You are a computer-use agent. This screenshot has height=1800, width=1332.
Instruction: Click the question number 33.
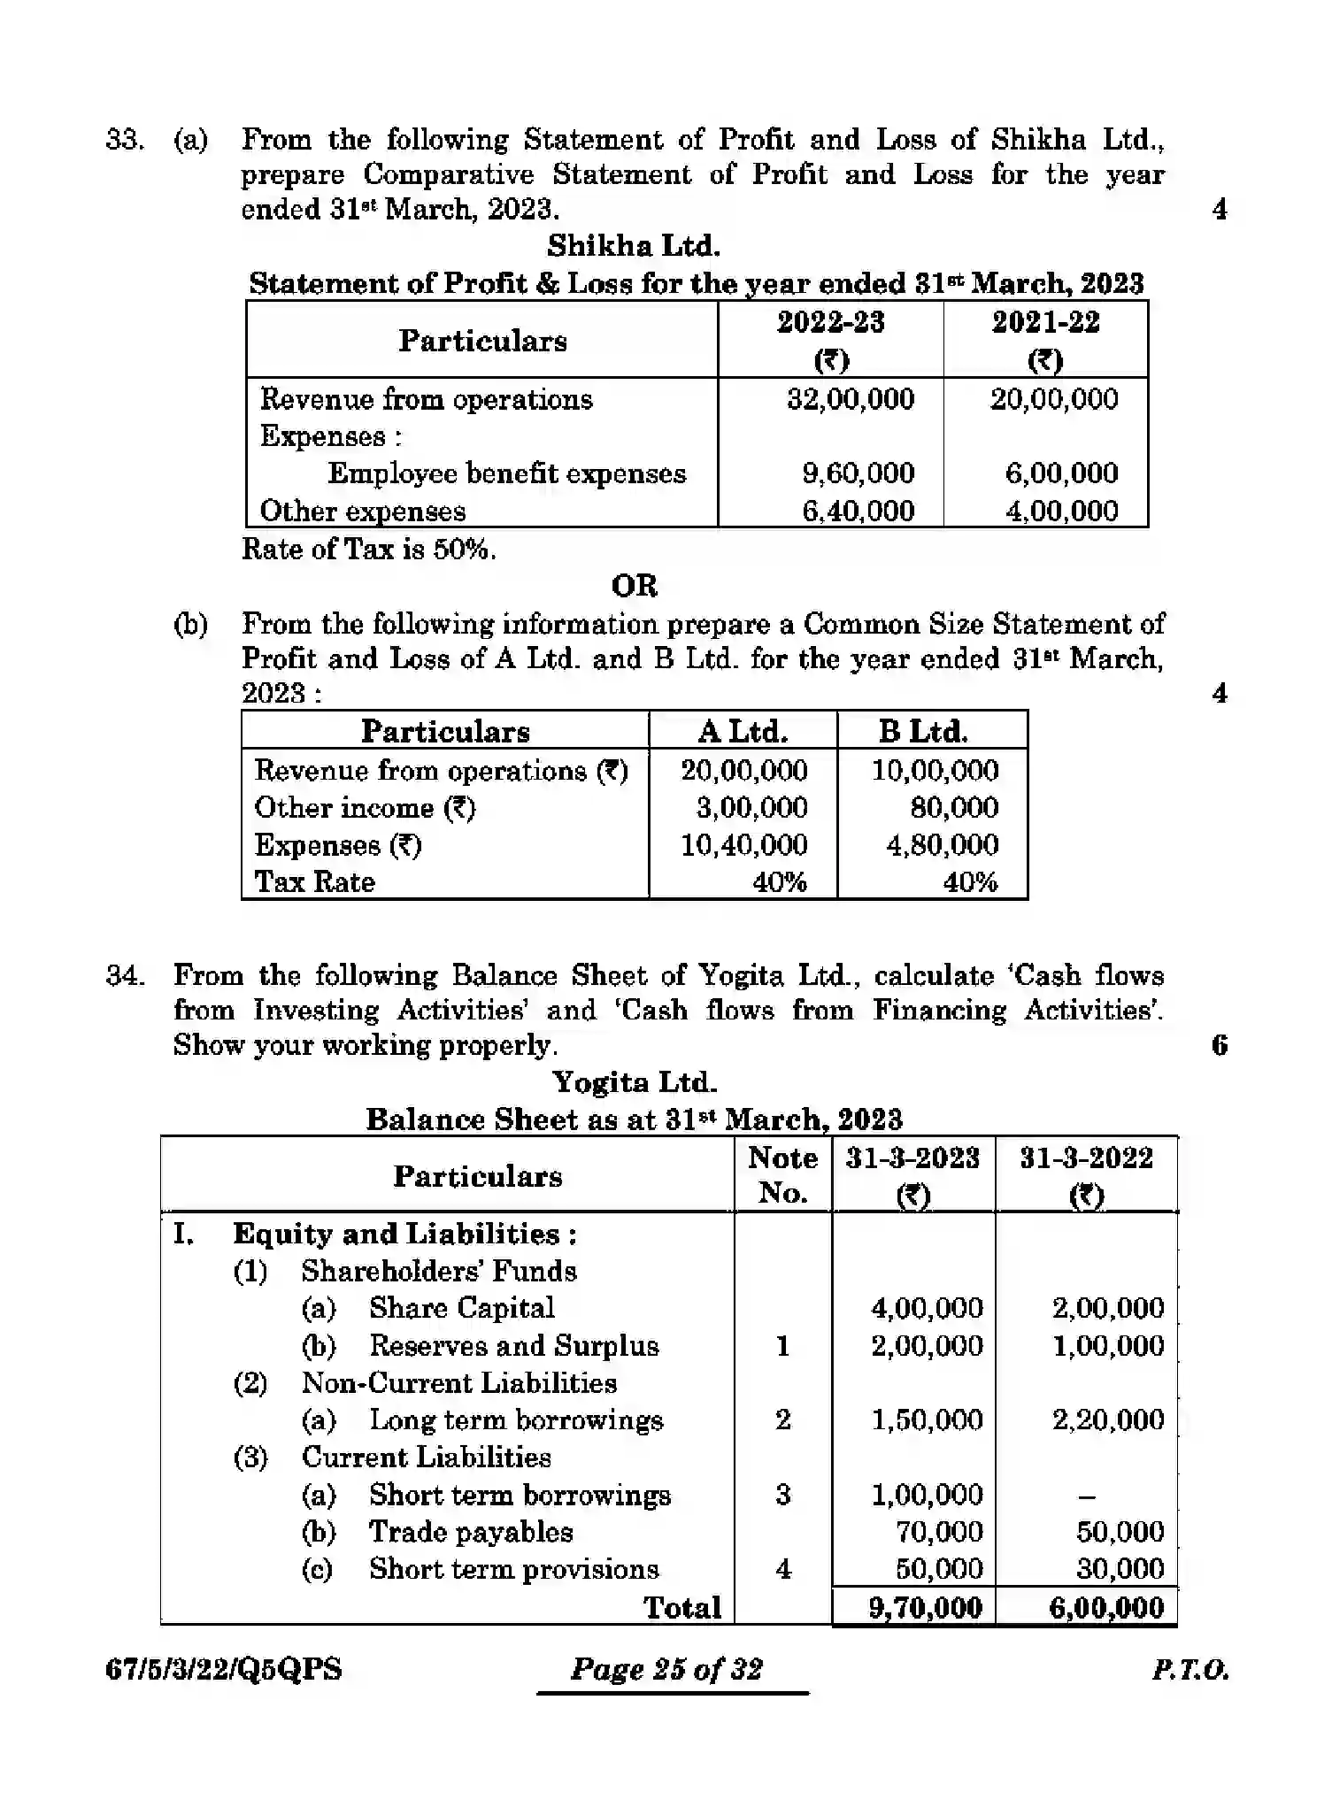pos(124,140)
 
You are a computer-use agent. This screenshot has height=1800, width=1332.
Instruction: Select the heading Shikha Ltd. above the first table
pos(633,245)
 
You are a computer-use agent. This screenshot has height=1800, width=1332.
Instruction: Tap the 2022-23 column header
pos(830,322)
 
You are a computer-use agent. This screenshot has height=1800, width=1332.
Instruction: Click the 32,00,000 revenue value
pos(850,399)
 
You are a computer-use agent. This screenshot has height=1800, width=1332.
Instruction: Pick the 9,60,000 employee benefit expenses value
pos(858,473)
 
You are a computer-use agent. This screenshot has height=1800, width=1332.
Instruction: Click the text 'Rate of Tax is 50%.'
pos(369,550)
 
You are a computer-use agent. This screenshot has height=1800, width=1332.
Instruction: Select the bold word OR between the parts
pos(634,586)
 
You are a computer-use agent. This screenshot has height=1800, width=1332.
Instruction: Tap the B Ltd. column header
pos(922,732)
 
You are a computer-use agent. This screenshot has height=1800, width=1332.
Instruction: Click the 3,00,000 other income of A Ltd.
pos(751,807)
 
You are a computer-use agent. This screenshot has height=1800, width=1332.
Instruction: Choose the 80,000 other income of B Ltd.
pos(953,807)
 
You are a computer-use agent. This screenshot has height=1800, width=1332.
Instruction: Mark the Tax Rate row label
pos(314,882)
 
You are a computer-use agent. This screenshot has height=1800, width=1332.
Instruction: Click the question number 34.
pos(124,975)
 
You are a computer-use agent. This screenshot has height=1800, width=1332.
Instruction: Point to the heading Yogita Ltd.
pos(634,1082)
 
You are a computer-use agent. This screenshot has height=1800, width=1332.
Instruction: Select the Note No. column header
pos(782,1175)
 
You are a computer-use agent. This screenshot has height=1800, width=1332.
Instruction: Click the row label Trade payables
pos(471,1532)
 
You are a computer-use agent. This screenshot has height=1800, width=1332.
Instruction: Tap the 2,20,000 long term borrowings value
pos(1107,1420)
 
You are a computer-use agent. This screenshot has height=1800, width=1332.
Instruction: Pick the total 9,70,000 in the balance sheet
pos(925,1607)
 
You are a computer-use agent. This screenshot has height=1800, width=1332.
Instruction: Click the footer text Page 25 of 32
pos(666,1669)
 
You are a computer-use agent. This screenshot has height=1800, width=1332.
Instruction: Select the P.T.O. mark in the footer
pos(1190,1670)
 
